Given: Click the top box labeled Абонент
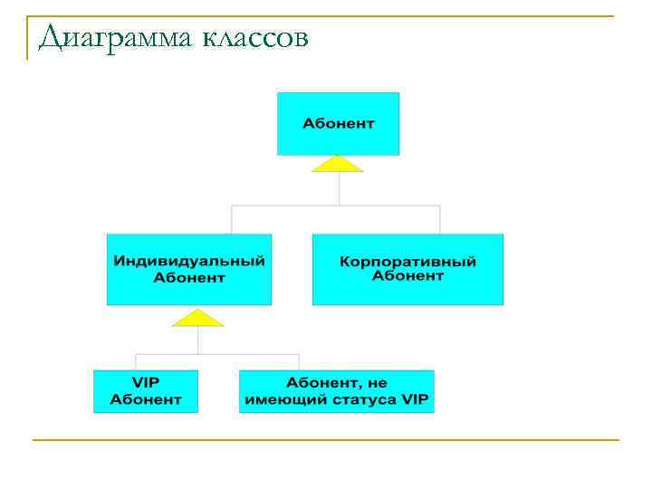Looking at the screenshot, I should (338, 123).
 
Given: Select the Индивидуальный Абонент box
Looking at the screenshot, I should (188, 269).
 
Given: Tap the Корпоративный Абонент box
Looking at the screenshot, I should (407, 269).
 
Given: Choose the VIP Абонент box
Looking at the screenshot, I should (145, 390).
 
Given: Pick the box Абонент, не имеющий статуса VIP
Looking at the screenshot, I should (337, 390).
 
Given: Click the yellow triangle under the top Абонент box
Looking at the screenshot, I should (338, 164).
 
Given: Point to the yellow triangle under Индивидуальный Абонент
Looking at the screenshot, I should (197, 318).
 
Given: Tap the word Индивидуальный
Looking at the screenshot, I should (189, 261).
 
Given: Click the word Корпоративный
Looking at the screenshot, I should (407, 262).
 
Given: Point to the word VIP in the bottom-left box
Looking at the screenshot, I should (146, 382).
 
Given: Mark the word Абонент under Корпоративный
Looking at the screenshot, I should (407, 276).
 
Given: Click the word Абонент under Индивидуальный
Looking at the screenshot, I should (189, 277).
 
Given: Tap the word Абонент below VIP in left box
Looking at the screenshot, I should (146, 399).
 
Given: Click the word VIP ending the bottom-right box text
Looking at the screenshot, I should (413, 399).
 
